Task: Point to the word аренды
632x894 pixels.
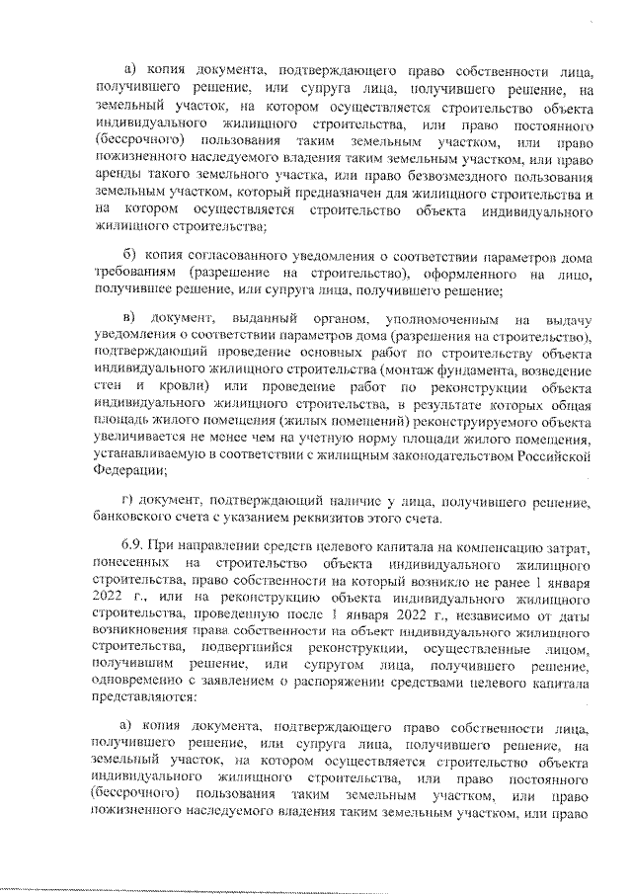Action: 118,175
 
